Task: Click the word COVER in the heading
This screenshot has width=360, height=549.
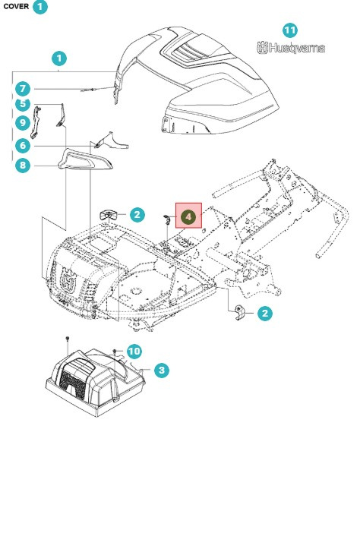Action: coord(16,6)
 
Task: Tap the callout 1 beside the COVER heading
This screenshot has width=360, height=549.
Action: coord(40,7)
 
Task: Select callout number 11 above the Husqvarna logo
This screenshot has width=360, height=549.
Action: coord(289,30)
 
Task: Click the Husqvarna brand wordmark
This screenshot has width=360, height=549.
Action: coord(291,48)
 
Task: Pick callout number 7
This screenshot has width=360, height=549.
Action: coord(23,89)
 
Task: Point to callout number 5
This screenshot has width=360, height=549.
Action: coord(23,103)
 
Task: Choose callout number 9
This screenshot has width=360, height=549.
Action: coord(23,123)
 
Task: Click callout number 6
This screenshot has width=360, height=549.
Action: coord(23,145)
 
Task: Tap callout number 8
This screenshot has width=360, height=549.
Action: coord(23,165)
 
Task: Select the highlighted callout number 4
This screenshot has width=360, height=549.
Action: coord(188,216)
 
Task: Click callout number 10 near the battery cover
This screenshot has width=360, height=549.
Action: coord(134,351)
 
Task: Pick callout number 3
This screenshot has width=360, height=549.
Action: coord(162,370)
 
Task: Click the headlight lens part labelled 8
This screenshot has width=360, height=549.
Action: coord(85,159)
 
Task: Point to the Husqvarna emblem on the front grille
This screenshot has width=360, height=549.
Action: coord(68,280)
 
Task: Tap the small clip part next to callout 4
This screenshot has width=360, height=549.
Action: coord(166,219)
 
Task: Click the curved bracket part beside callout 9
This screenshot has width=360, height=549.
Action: coord(35,122)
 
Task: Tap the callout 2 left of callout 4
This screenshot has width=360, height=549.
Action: coord(137,214)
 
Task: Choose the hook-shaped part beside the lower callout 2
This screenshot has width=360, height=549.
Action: coord(239,312)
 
